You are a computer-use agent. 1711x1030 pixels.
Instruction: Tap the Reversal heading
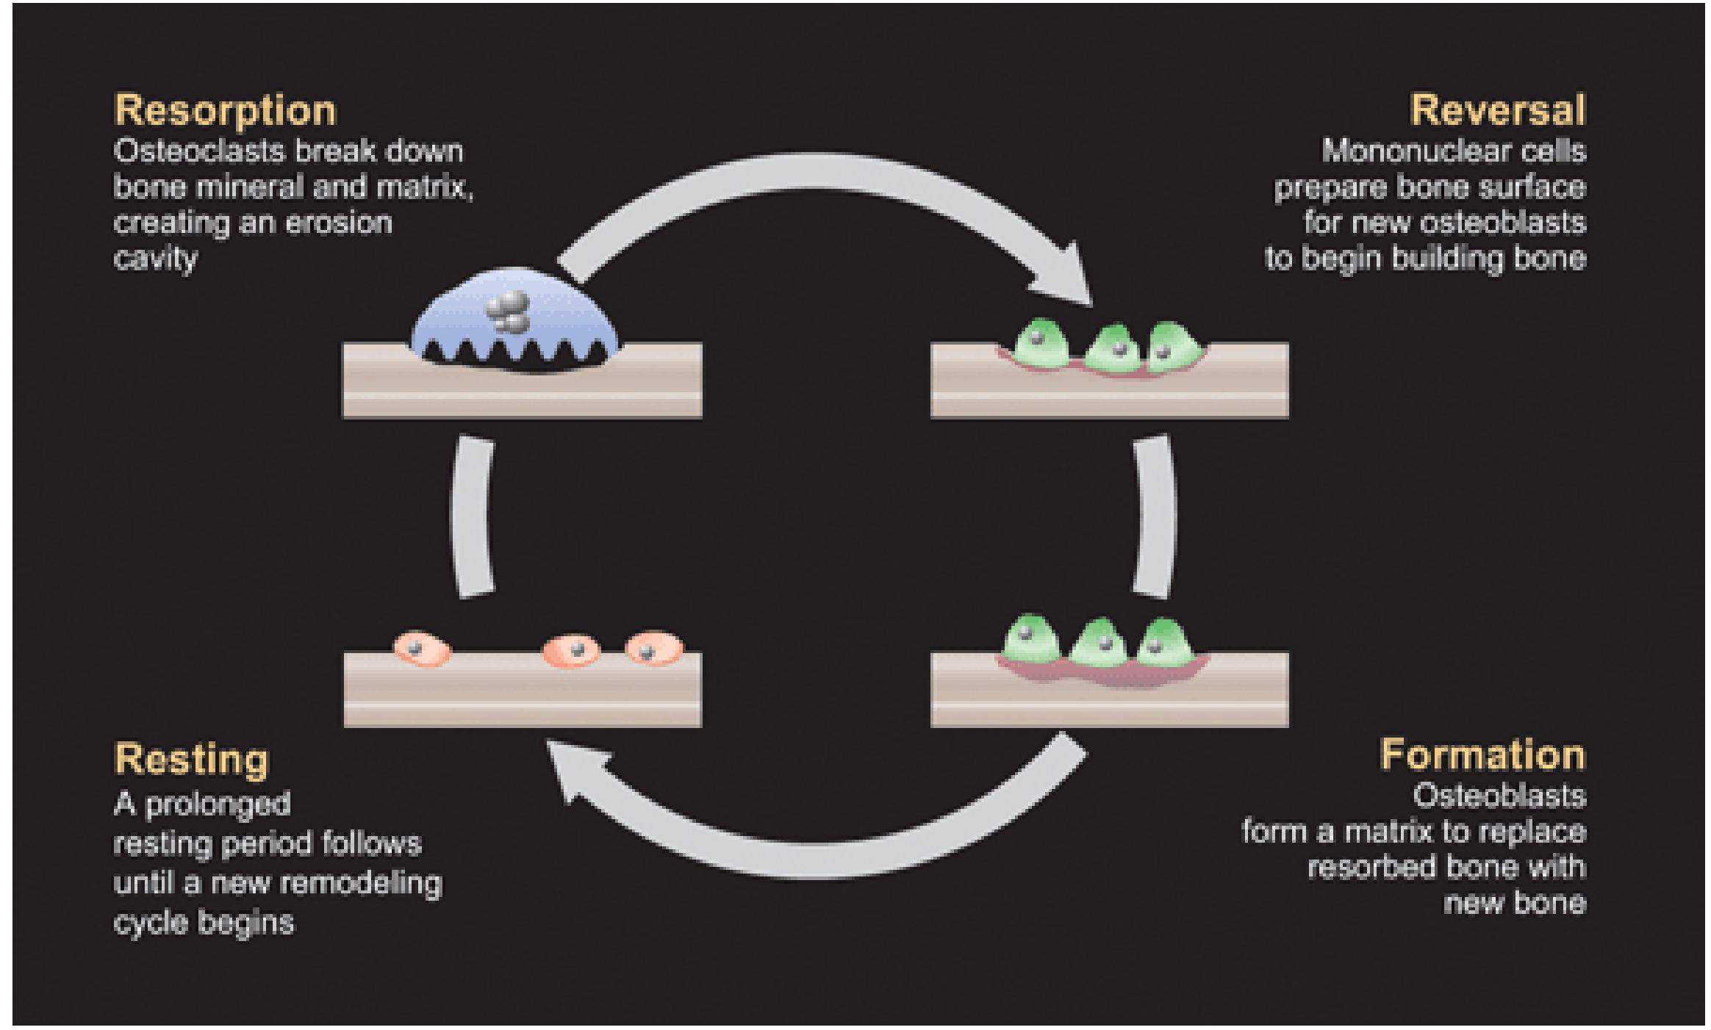point(1498,110)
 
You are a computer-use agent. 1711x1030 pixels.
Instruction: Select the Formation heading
point(1483,755)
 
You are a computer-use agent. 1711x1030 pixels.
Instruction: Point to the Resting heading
point(192,760)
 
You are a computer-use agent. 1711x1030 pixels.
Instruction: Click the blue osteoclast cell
point(514,317)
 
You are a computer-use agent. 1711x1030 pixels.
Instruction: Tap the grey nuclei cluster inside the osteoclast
point(508,311)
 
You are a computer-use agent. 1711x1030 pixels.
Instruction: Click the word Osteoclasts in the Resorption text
point(198,151)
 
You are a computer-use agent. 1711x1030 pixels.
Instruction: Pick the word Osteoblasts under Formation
point(1500,796)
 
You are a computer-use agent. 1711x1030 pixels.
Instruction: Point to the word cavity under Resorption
point(156,259)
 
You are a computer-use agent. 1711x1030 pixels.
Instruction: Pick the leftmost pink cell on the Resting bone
point(421,648)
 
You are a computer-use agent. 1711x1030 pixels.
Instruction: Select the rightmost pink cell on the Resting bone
point(653,648)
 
